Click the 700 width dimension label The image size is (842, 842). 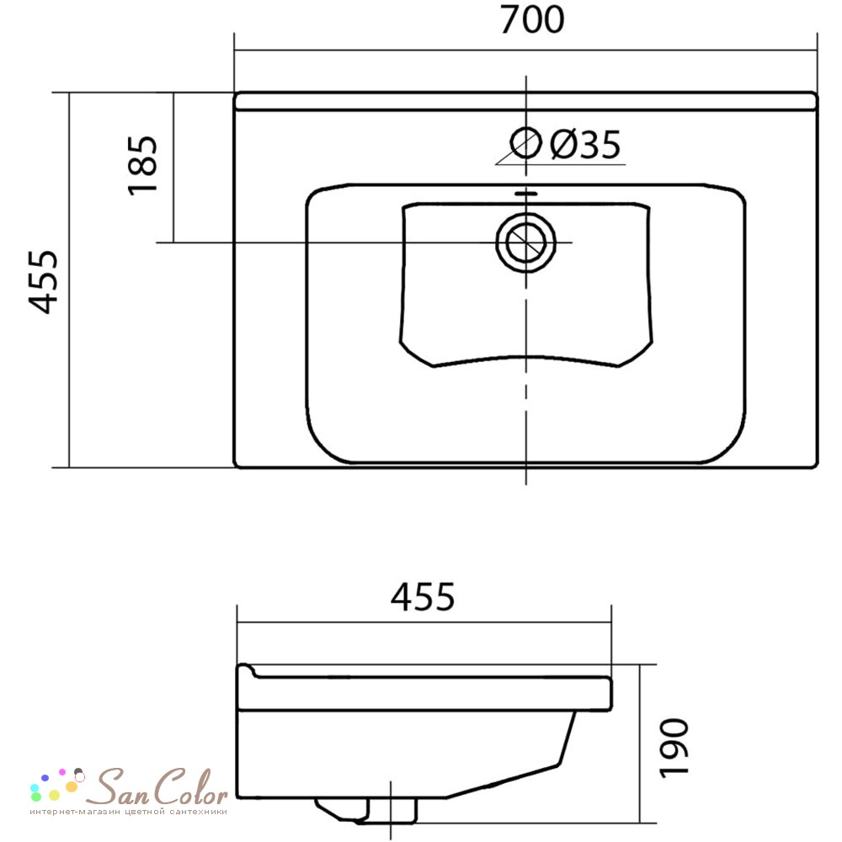(x=531, y=20)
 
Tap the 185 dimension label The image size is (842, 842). (x=143, y=165)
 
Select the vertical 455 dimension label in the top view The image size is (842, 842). (x=43, y=281)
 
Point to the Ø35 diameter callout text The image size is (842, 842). (x=585, y=144)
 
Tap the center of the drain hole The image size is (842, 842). (x=525, y=242)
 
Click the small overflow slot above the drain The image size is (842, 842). (x=525, y=193)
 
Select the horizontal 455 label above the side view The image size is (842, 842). (x=423, y=596)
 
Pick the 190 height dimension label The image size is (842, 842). (x=674, y=748)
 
